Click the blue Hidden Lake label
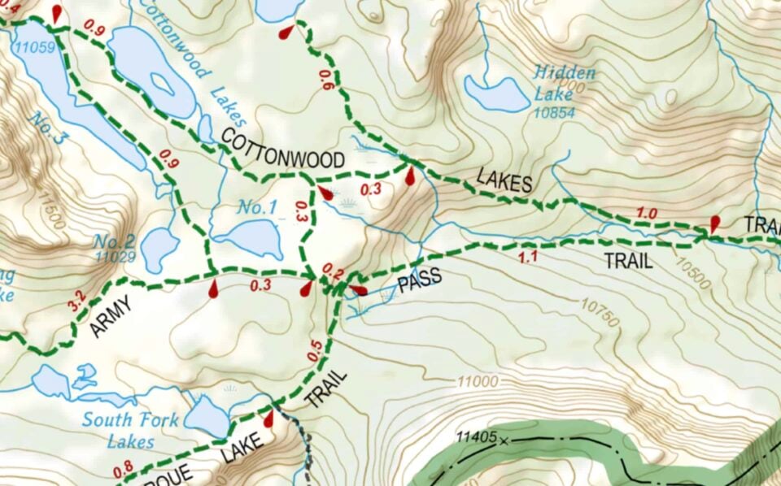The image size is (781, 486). tap(565, 82)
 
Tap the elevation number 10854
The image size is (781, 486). tap(556, 113)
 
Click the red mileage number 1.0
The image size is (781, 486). tap(647, 214)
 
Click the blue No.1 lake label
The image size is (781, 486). tap(256, 208)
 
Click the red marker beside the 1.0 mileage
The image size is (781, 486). tap(715, 223)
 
